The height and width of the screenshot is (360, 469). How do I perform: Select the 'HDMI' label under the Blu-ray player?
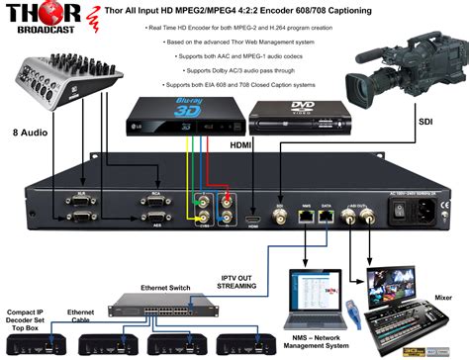[x=240, y=144]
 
